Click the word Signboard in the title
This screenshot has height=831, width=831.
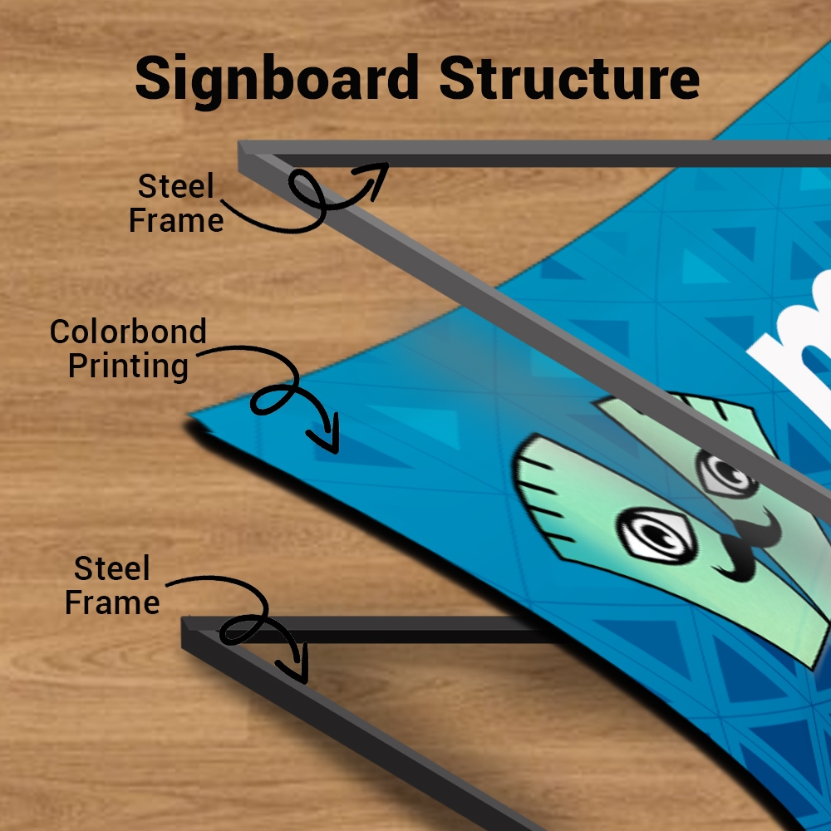tap(278, 80)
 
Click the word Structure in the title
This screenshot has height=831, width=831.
tap(569, 78)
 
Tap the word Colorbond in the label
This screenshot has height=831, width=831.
tap(128, 332)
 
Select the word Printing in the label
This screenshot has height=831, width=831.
tap(128, 366)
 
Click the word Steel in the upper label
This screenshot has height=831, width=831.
tap(175, 186)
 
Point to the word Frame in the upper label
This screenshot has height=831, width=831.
tap(176, 220)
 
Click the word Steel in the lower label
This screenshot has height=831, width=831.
tap(112, 568)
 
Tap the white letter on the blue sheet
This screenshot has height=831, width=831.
tap(795, 350)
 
